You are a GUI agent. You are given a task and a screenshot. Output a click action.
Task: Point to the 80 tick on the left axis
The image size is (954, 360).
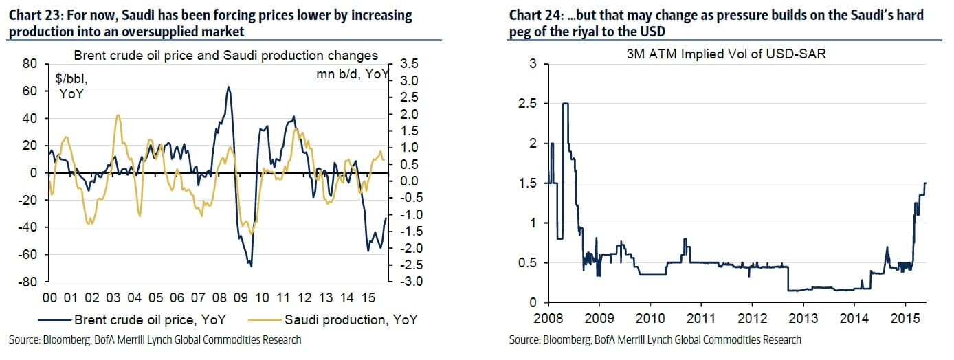coord(31,64)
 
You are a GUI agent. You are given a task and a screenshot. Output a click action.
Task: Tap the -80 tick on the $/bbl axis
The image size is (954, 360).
coord(29,282)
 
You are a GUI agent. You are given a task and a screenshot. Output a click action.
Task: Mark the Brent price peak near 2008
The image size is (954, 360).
coord(228,87)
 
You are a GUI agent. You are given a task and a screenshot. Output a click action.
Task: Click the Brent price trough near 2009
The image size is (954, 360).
coord(251,266)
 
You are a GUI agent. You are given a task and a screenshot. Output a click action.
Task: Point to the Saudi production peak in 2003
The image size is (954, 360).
coord(118,115)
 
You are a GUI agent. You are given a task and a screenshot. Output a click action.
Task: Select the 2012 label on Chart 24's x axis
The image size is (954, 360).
coord(751,319)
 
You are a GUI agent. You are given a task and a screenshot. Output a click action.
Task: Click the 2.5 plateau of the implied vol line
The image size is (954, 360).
coord(565,104)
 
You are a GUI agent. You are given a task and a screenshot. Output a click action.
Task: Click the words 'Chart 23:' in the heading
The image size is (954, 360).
coord(33,15)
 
